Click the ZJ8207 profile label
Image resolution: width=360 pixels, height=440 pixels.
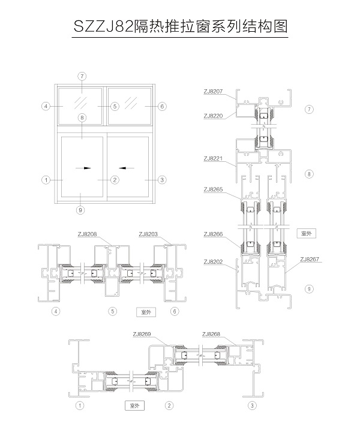213,92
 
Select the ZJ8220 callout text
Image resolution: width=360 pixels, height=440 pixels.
213,116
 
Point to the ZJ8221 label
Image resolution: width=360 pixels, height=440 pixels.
213,159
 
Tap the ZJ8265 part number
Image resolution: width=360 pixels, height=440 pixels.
213,189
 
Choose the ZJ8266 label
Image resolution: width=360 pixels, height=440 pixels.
213,234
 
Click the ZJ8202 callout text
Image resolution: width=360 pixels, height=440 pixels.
213,262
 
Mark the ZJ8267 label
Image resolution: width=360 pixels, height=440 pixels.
310,260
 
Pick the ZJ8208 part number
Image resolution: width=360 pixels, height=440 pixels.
87,234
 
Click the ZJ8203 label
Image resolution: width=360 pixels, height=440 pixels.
148,234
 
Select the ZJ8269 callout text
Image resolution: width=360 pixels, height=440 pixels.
142,334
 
